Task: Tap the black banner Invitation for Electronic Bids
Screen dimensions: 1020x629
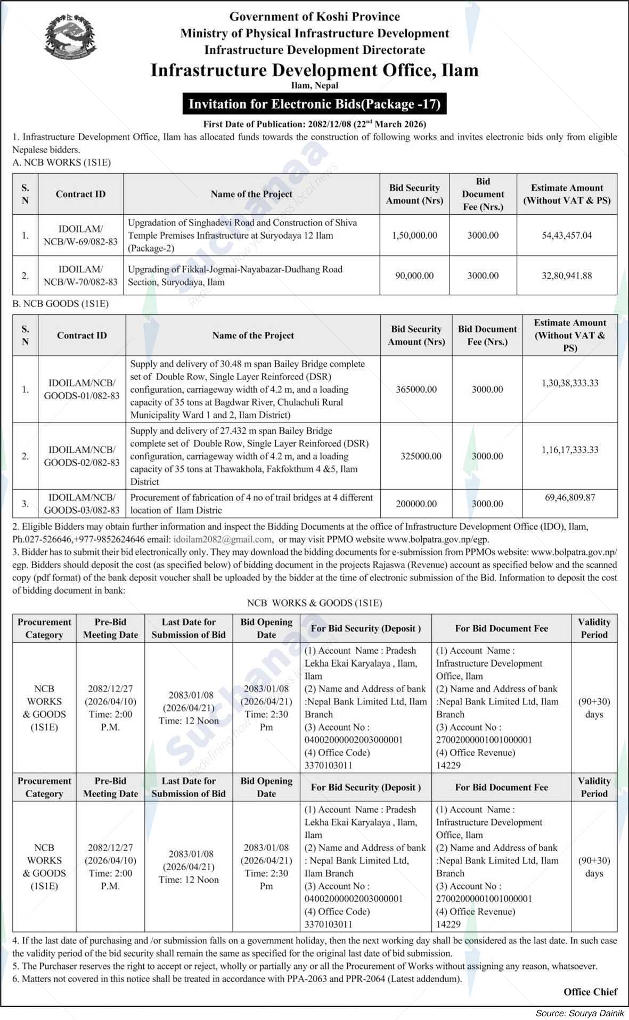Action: coord(314,103)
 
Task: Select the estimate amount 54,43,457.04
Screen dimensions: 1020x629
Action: coord(567,235)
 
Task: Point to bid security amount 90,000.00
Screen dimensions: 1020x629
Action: coord(414,276)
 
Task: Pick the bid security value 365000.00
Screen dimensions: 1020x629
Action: coord(416,390)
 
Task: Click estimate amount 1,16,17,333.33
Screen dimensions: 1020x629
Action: coord(570,450)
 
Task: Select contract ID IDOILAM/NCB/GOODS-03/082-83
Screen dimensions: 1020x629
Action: coord(81,504)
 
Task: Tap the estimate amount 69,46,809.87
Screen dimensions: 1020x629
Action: coord(570,497)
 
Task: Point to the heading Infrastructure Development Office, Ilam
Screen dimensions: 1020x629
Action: coord(314,70)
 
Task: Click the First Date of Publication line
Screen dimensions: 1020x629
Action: coord(314,124)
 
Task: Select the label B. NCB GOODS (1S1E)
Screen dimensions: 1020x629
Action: coord(60,304)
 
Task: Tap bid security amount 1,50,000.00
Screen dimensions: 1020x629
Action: coord(414,235)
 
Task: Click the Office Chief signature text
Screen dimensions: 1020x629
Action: coord(590,991)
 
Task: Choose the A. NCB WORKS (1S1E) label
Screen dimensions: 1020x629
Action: coord(61,163)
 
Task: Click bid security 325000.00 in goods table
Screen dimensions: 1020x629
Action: coord(421,456)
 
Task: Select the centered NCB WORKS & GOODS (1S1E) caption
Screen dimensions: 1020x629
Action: coord(314,603)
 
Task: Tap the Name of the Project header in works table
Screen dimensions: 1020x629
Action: coord(251,194)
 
